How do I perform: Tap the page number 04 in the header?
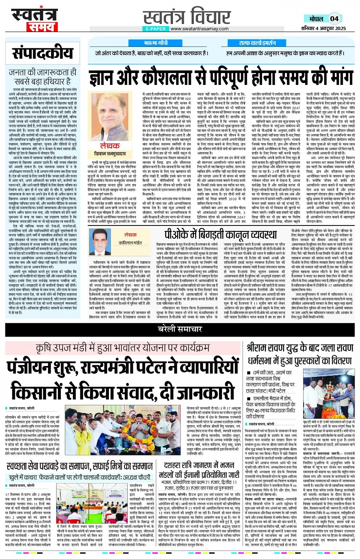[x=334, y=19]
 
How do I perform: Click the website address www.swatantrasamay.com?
[x=199, y=29]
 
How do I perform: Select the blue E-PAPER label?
[x=155, y=29]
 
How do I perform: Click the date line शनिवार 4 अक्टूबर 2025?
[x=323, y=28]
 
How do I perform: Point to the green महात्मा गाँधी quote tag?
[x=156, y=43]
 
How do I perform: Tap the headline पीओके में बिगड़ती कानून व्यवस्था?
[x=221, y=235]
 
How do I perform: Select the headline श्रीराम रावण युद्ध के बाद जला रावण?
[x=300, y=348]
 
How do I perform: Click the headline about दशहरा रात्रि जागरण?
[x=198, y=470]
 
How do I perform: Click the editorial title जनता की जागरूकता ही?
[x=42, y=76]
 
